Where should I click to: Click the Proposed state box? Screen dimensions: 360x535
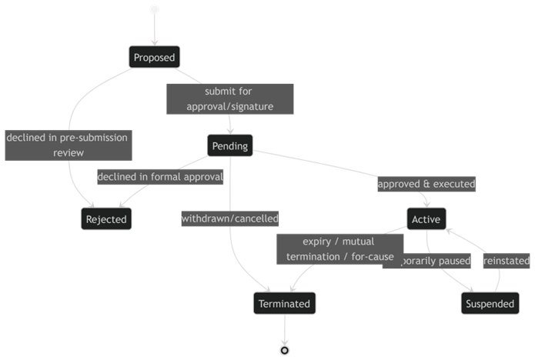154,57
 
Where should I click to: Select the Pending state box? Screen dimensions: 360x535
229,146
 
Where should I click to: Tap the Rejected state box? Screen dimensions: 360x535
105,219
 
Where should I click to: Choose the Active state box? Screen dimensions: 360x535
426,219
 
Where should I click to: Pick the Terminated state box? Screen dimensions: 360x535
284,304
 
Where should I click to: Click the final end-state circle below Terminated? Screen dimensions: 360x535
285,350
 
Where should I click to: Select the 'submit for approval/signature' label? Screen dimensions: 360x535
229,98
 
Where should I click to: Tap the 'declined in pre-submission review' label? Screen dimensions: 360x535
67,145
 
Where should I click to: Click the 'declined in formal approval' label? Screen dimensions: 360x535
160,177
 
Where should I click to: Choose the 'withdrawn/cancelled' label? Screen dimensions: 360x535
229,219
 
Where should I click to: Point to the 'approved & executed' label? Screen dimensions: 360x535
426,185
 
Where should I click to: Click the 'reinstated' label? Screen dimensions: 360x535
506,262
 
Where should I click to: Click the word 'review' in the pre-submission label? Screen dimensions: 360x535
68,153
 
